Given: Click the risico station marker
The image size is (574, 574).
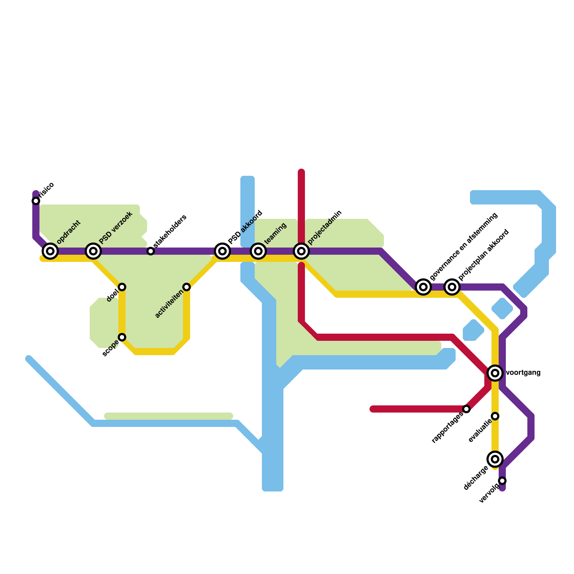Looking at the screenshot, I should tap(36, 201).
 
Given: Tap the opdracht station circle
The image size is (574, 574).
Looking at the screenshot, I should tap(50, 251).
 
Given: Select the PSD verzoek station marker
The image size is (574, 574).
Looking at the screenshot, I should tap(93, 251).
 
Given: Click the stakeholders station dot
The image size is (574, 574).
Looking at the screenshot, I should tap(151, 251).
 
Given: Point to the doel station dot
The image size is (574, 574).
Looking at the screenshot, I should tap(122, 287).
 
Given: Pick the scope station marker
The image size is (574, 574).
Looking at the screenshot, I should tap(122, 337).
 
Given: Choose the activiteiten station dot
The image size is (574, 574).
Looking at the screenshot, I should tap(187, 287).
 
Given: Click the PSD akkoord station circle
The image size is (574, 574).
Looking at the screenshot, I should tap(222, 251).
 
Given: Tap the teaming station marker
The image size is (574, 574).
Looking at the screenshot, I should tap(258, 251).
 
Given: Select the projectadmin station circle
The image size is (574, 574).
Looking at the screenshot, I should tap(301, 251).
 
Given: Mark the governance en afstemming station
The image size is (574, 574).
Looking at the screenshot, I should tap(423, 287).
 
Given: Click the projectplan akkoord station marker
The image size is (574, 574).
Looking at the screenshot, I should tap(452, 287).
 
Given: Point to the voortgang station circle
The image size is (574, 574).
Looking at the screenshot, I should tap(495, 373).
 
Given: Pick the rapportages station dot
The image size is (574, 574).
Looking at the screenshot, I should tap(466, 409).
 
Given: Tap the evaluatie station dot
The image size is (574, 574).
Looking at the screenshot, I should tap(495, 416).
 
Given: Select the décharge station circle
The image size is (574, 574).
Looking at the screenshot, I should tap(495, 459).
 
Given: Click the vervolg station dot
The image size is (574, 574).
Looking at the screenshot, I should tap(502, 481).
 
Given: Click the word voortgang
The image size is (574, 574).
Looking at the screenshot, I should tap(523, 373).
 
